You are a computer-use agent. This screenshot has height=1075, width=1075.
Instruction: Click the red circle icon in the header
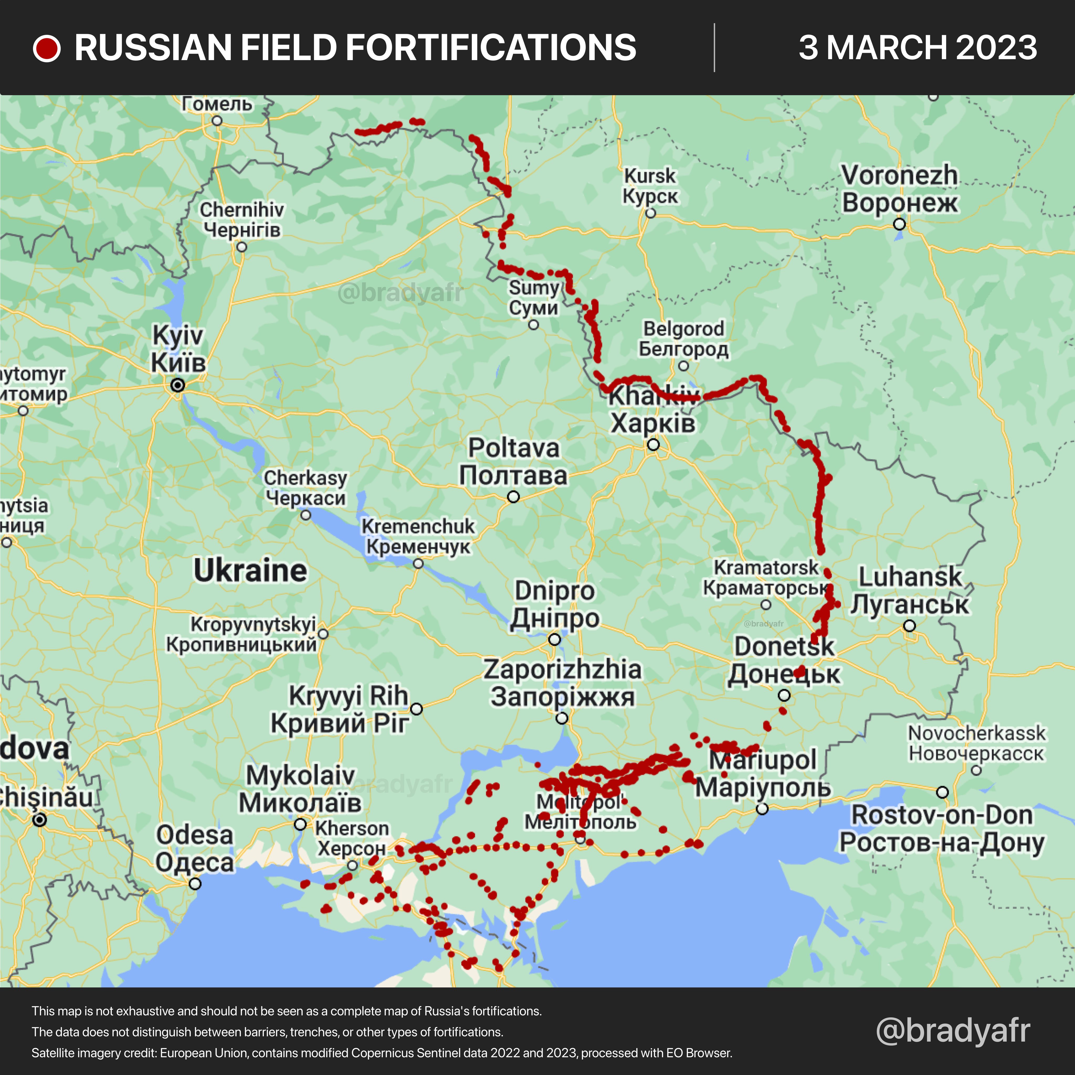(x=47, y=48)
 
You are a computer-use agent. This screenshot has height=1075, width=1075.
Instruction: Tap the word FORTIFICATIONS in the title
(x=438, y=48)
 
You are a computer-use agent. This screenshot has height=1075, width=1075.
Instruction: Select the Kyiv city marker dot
(x=177, y=385)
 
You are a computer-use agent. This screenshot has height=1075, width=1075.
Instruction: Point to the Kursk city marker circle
(x=650, y=213)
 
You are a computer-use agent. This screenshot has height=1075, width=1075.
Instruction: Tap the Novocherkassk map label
(x=977, y=743)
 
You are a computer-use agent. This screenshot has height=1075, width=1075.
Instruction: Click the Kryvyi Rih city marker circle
(x=416, y=709)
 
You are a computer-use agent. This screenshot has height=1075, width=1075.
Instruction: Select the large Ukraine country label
(x=250, y=571)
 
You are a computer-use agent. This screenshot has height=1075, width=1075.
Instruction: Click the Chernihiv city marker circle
(x=241, y=246)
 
